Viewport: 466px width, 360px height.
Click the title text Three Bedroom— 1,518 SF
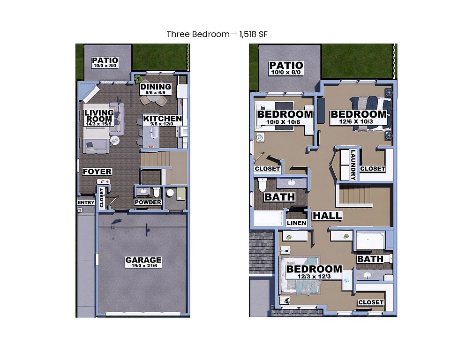click(217, 34)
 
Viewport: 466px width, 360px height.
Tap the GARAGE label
click(143, 260)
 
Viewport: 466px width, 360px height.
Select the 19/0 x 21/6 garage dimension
click(144, 266)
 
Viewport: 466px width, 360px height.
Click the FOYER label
click(97, 172)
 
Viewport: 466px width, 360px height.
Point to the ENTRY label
click(86, 203)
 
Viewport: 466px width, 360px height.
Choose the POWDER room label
click(148, 202)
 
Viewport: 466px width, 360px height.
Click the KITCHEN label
click(162, 119)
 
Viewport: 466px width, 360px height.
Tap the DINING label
click(156, 87)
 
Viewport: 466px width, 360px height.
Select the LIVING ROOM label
click(99, 116)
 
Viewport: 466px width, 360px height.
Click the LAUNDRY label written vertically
click(353, 165)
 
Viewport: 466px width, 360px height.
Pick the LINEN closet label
click(296, 223)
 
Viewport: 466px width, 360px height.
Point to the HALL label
click(327, 216)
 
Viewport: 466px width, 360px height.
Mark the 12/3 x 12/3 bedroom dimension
click(314, 277)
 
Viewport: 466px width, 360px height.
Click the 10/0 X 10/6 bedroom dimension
click(283, 121)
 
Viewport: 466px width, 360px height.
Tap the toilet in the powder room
click(157, 192)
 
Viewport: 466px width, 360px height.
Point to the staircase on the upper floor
click(356, 195)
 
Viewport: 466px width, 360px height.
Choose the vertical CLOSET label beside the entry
click(102, 198)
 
